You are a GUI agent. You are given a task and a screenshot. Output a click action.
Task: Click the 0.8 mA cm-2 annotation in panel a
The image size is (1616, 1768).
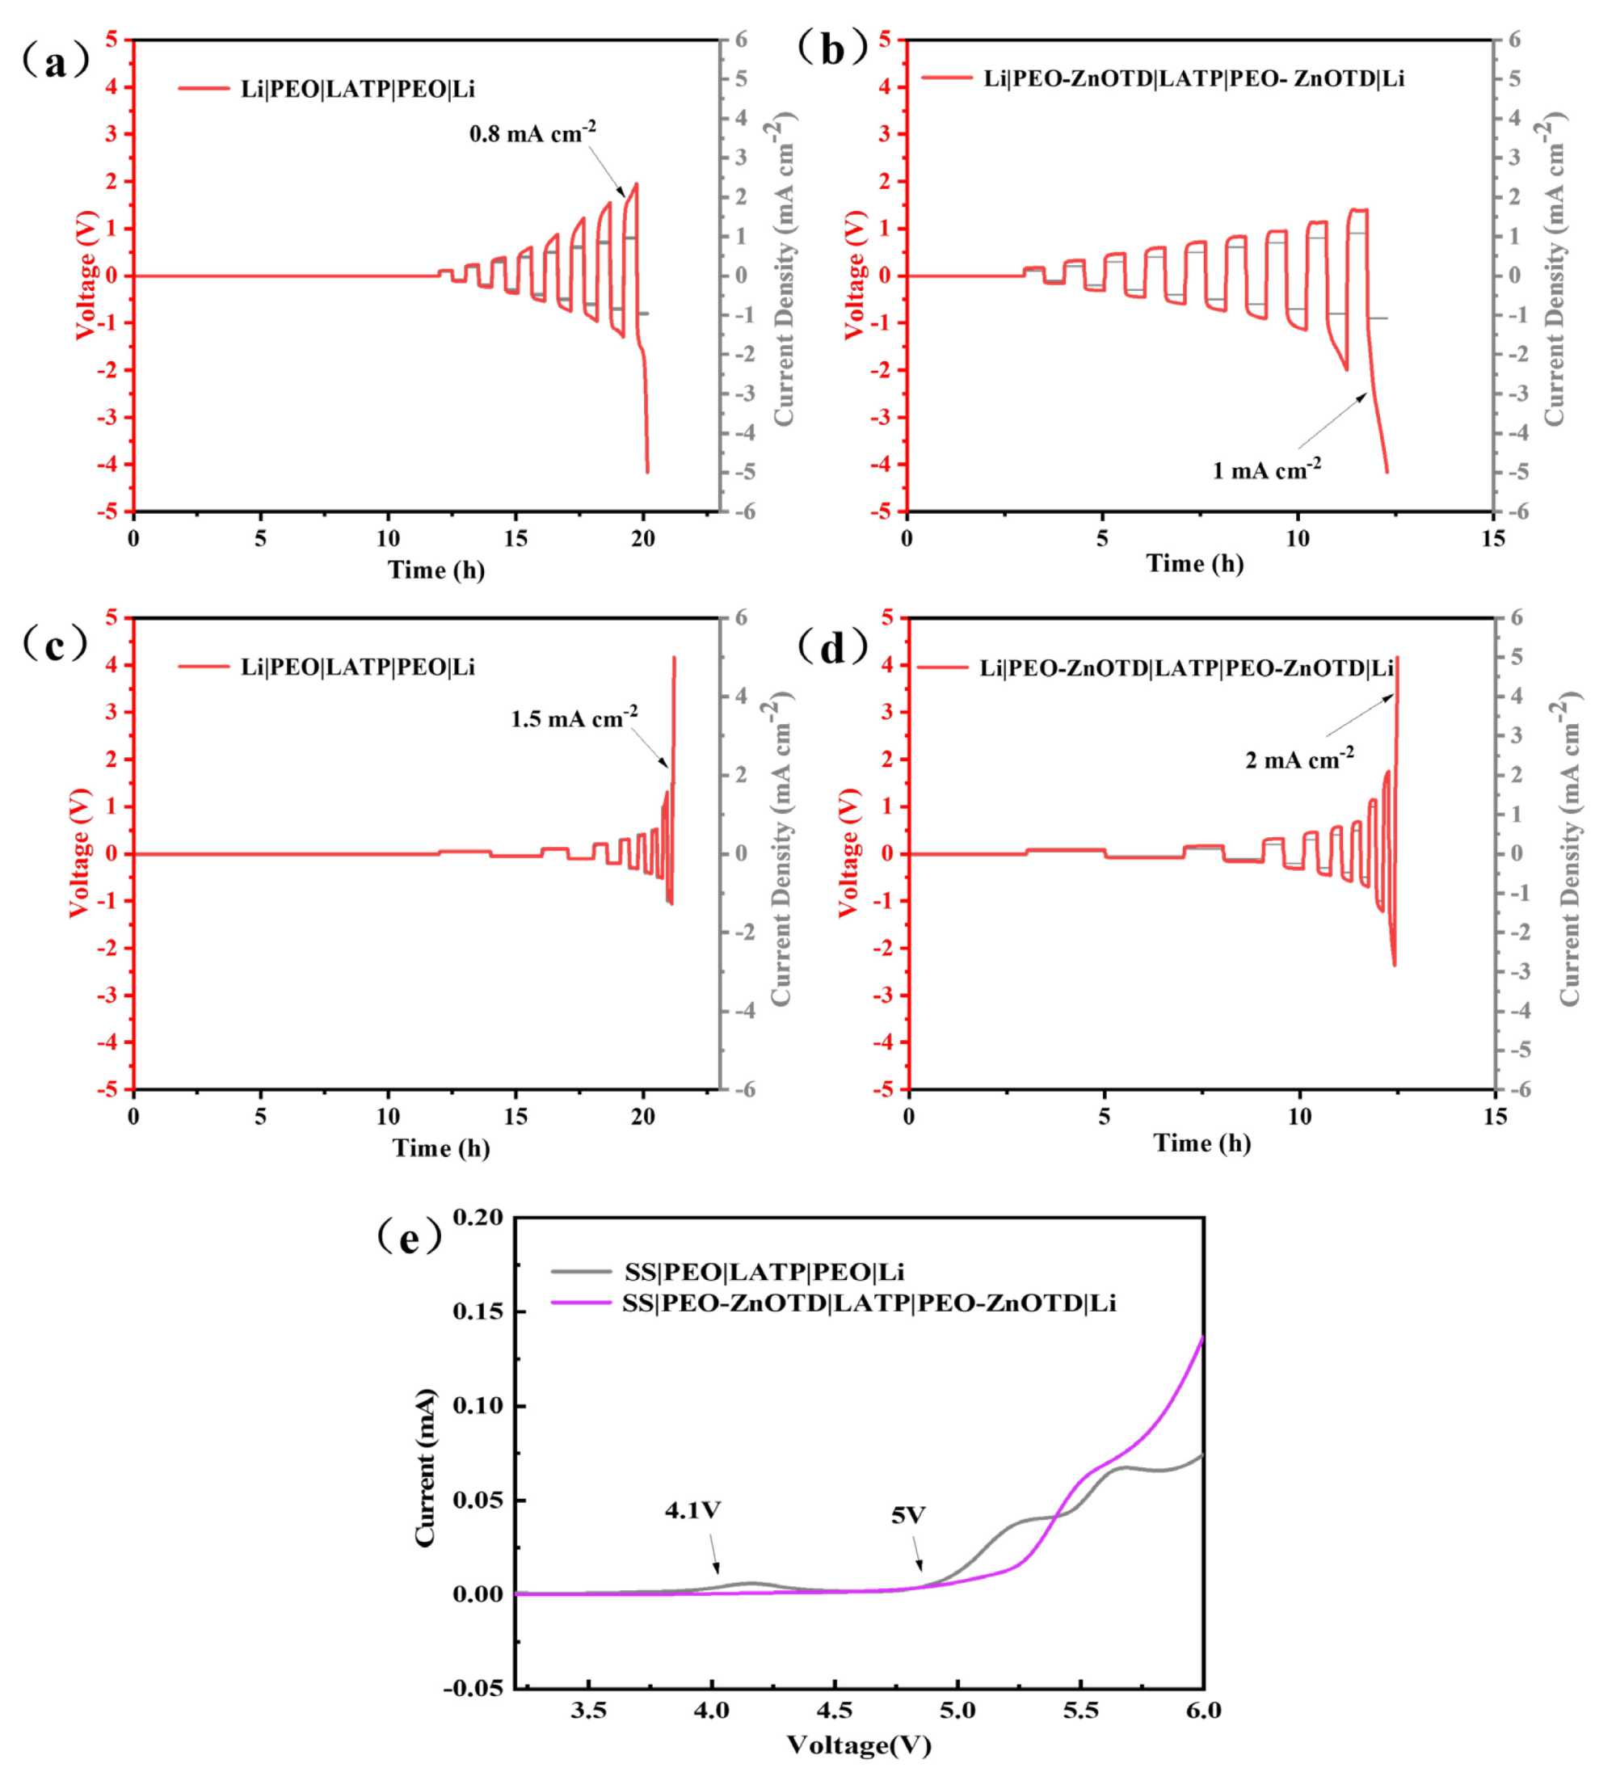coord(532,133)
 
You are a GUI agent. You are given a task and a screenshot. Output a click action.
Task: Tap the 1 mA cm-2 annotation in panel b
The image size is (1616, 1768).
coord(1266,470)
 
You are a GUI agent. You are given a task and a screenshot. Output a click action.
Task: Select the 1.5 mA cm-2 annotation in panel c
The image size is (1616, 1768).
coord(574,718)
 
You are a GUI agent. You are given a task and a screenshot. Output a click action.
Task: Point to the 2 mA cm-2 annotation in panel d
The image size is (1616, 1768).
coord(1299,759)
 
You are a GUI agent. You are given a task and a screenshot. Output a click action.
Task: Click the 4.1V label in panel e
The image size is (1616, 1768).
coord(692,1510)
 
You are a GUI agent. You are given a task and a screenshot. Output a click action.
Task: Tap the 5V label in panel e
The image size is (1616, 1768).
coord(908,1515)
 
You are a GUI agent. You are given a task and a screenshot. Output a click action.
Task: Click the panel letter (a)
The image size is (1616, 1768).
coord(55,63)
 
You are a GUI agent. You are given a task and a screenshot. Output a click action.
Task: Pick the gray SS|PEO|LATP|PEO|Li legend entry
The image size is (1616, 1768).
coord(764,1272)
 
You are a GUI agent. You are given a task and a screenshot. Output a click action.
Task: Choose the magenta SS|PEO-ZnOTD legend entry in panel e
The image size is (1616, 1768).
coord(869,1303)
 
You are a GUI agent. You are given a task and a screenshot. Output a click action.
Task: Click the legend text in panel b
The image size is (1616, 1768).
coord(1193,79)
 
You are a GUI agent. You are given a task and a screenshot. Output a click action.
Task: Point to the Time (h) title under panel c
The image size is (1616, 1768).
coord(441,1148)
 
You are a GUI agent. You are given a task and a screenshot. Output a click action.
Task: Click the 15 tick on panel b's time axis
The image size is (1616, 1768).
coord(1492,538)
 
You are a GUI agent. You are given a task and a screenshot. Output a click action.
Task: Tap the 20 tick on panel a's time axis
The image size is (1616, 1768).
coord(642,538)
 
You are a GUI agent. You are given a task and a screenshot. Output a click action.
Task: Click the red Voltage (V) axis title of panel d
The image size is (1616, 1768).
coord(847,852)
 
